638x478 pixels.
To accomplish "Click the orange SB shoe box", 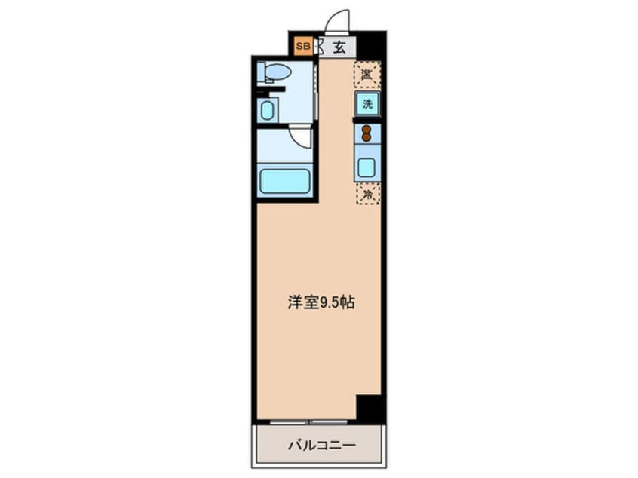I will pyautogui.click(x=302, y=47).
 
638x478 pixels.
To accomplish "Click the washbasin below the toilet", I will pyautogui.click(x=267, y=111).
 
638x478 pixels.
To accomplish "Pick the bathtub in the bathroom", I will pyautogui.click(x=285, y=182).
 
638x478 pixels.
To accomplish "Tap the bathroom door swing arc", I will pyautogui.click(x=302, y=137).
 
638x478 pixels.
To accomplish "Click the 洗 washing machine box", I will pyautogui.click(x=367, y=104).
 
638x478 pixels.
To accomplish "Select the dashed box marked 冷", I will pyautogui.click(x=367, y=194).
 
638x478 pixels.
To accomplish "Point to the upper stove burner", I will pyautogui.click(x=367, y=129).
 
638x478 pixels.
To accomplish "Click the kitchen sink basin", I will pyautogui.click(x=367, y=167).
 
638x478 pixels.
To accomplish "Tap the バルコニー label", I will pyautogui.click(x=321, y=445).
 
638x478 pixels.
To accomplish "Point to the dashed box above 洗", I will pyautogui.click(x=367, y=74).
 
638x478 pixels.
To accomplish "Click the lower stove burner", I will pyautogui.click(x=367, y=138).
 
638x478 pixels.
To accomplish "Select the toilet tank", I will pyautogui.click(x=261, y=73).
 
